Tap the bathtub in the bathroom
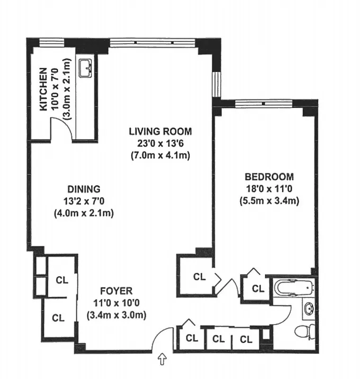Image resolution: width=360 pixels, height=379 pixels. coord(294,288)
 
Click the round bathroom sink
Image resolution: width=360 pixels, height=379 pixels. coord(309,309)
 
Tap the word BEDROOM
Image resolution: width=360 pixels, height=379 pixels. coord(269,177)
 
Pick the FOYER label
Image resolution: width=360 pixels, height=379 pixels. coord(116,291)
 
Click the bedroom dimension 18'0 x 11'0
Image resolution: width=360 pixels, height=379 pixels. coord(269,189)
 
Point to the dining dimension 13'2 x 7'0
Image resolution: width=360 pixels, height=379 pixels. coord(83,200)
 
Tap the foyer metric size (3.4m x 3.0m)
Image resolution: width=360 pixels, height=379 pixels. coord(116,315)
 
